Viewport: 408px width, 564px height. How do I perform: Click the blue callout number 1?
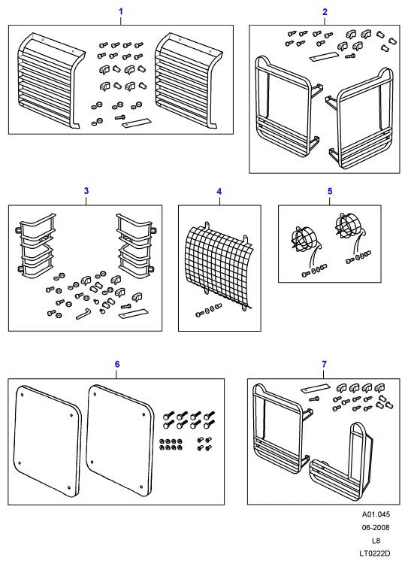[121, 11]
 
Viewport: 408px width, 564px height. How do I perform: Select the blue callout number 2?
[325, 12]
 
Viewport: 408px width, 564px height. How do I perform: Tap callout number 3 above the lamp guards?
[86, 191]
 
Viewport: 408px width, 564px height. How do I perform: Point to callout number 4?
[219, 191]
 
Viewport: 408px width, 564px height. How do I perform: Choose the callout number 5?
[330, 191]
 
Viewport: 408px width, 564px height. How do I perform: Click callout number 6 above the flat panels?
[117, 365]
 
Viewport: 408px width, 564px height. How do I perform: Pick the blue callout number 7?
[325, 365]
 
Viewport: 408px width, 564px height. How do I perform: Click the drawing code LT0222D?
[376, 553]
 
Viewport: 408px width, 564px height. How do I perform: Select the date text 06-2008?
[376, 528]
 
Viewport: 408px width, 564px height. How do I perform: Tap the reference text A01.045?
[376, 514]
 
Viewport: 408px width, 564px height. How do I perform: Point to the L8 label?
[376, 541]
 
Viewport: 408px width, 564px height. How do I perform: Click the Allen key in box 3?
[83, 314]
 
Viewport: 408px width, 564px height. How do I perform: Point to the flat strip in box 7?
[316, 389]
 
